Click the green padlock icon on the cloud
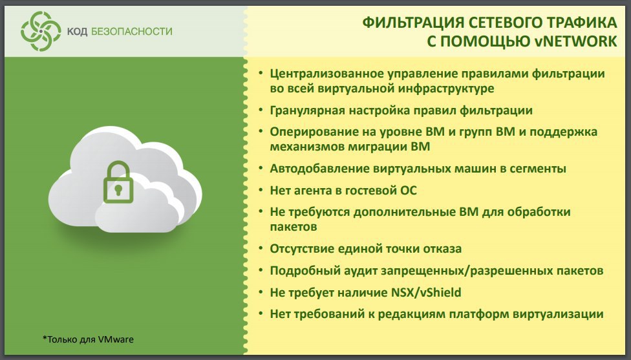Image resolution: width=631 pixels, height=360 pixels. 118,182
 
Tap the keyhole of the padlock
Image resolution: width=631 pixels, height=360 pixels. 118,190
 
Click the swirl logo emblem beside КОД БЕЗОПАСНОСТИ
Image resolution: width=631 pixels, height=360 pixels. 41,32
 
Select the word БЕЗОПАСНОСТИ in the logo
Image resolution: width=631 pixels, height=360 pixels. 132,32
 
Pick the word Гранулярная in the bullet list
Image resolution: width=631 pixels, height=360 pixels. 306,111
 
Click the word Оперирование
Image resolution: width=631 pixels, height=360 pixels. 310,132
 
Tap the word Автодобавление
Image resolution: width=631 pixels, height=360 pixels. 319,169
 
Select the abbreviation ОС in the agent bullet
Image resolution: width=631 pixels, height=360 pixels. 408,190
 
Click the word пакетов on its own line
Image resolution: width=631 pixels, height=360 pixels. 294,228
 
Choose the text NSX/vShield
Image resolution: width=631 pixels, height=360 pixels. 426,292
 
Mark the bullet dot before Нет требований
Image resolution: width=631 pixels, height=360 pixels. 261,313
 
